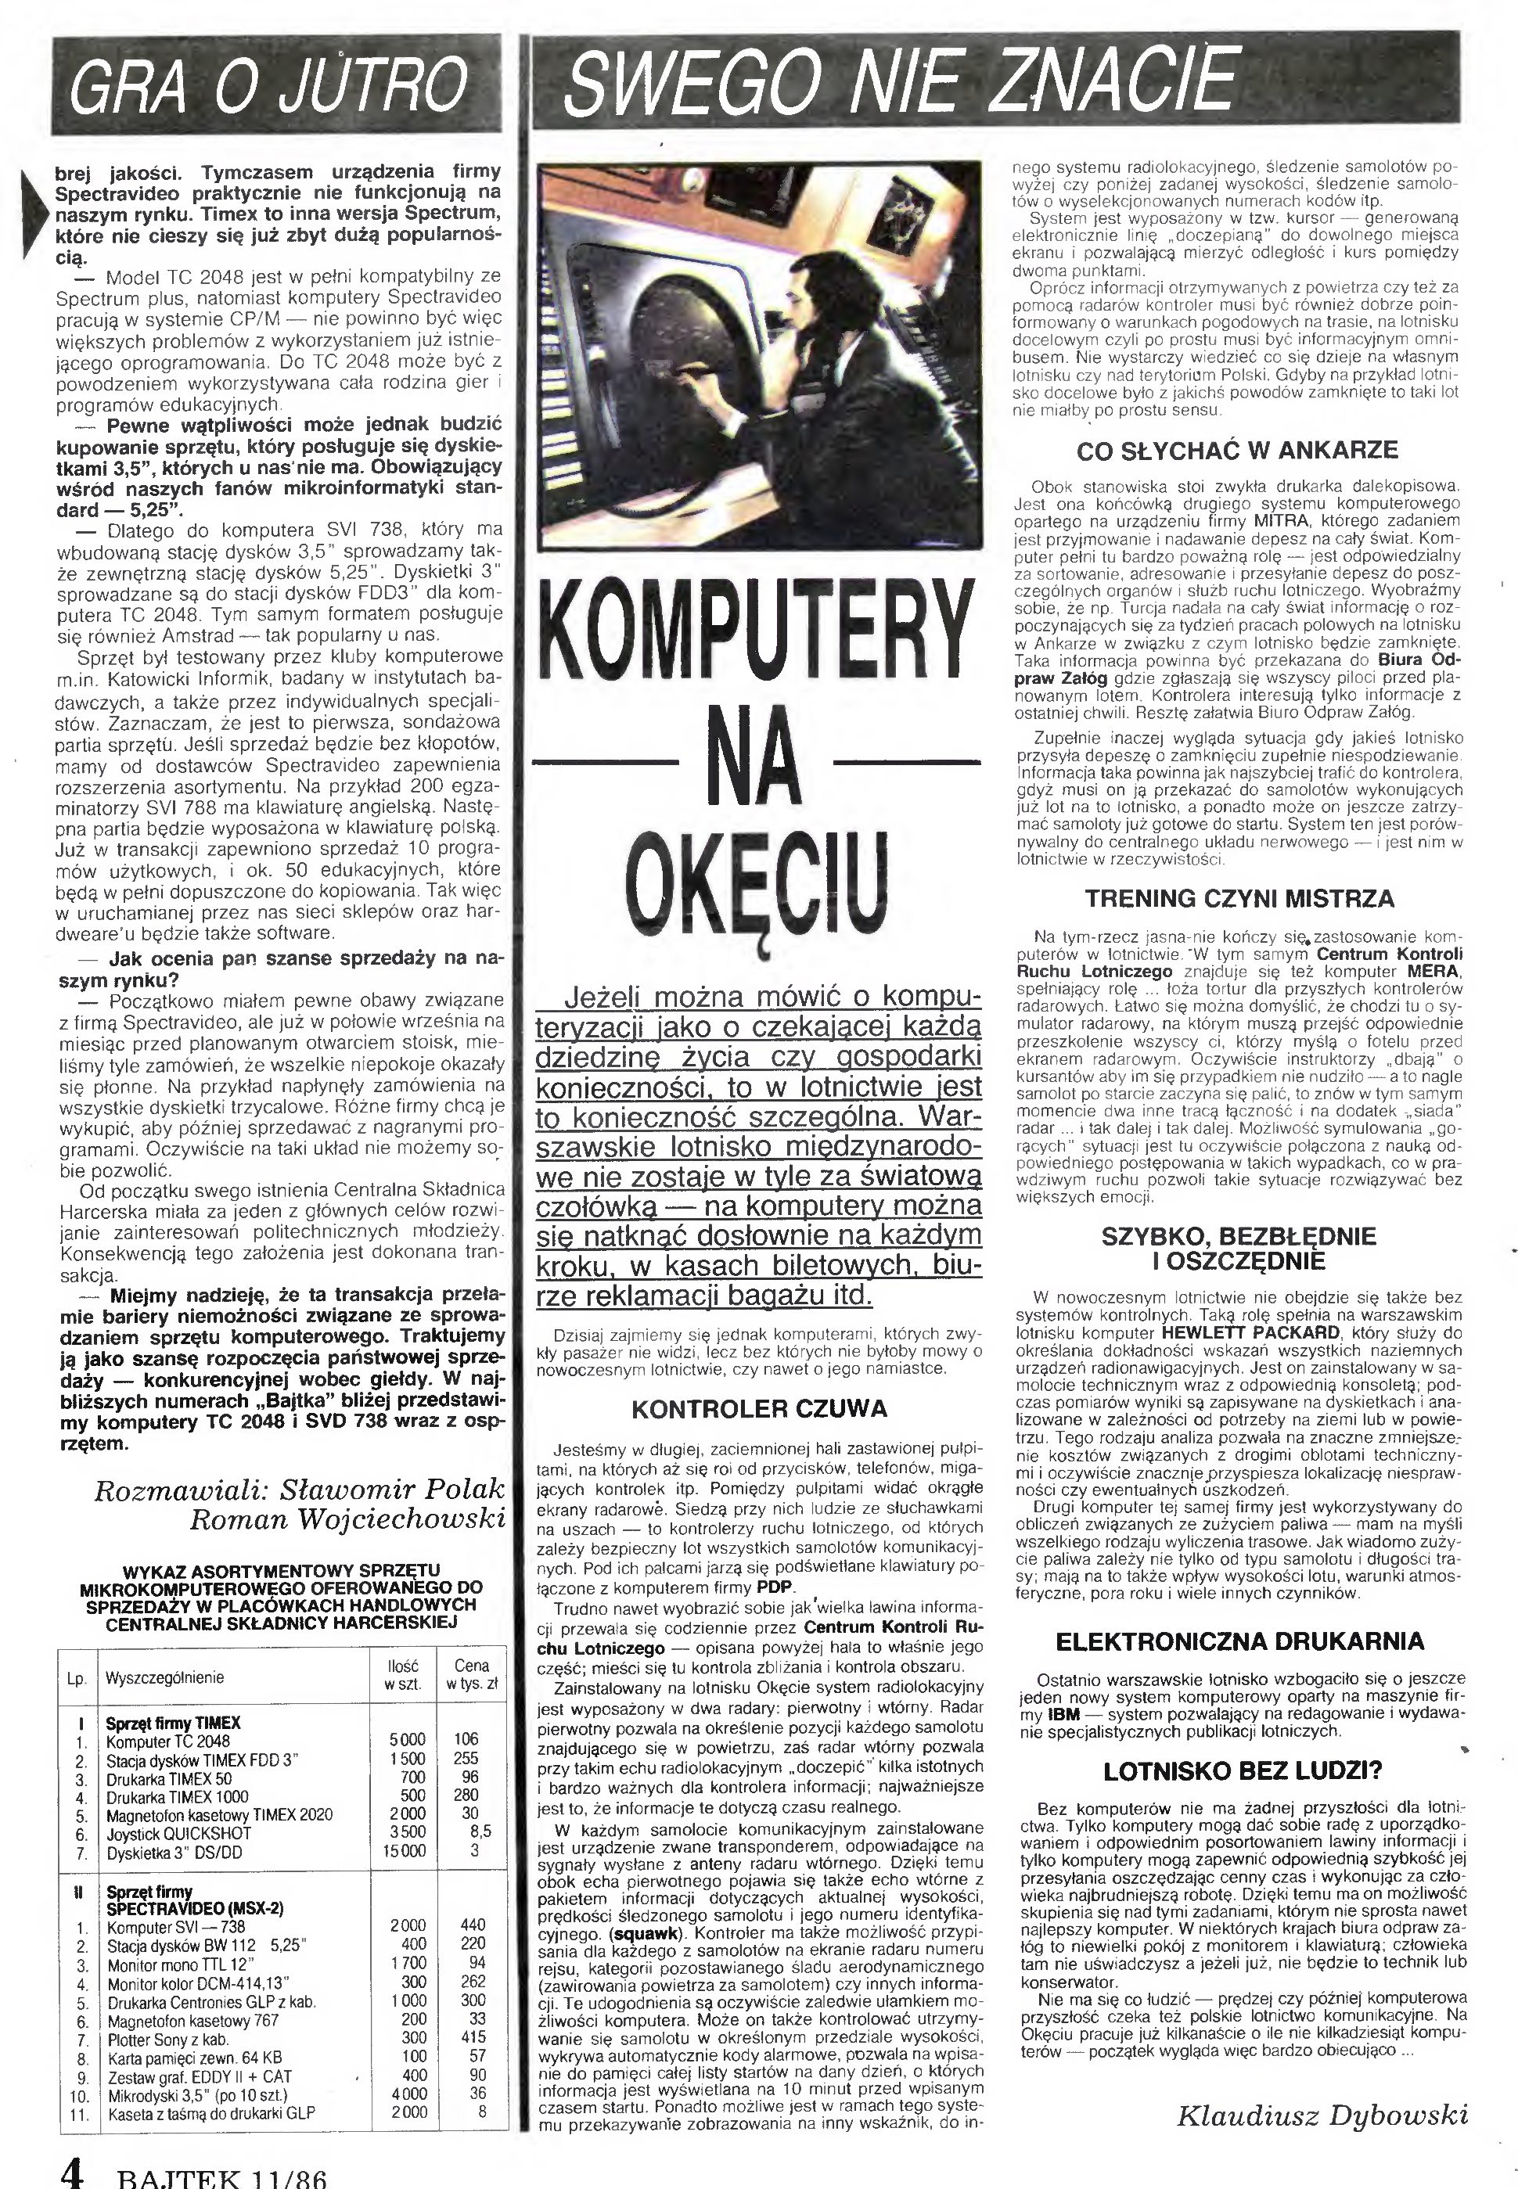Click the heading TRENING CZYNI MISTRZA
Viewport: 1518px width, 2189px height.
point(1239,897)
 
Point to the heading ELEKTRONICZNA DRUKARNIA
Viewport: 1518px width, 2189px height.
point(1239,1641)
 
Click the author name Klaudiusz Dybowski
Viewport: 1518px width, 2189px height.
point(1322,2115)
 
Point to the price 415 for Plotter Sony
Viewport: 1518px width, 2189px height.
point(472,2037)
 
